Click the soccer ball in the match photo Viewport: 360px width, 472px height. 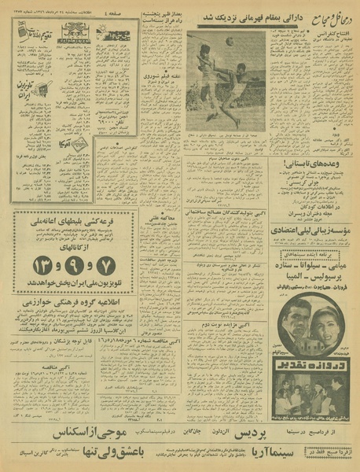(229, 41)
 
